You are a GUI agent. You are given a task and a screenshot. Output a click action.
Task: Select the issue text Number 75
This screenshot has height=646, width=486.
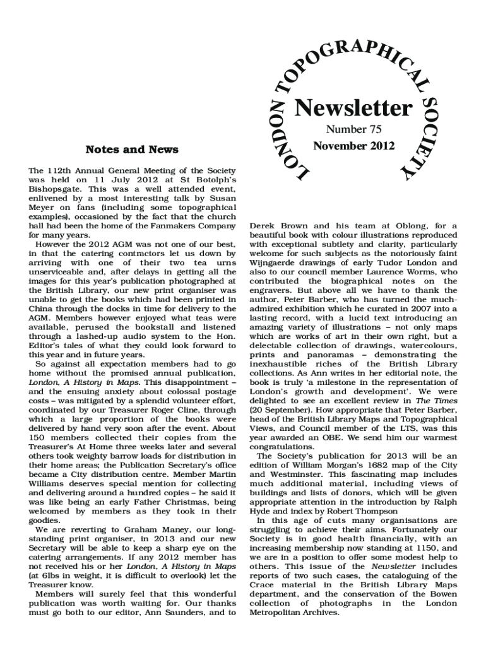point(353,130)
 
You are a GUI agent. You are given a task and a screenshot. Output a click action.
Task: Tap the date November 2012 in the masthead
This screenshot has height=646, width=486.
point(353,146)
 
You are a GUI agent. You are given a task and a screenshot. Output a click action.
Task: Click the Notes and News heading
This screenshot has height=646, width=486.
point(132,150)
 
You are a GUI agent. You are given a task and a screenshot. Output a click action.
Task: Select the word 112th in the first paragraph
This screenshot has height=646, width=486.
point(60,171)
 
